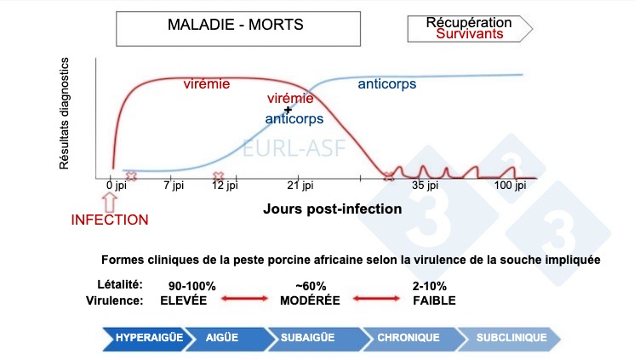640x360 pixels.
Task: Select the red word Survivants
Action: [469, 34]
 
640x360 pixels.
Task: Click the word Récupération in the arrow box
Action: [469, 21]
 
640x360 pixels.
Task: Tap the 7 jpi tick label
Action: [173, 185]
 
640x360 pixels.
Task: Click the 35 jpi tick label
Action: [424, 185]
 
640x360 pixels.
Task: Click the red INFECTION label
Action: [109, 220]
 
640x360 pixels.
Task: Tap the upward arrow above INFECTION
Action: [109, 201]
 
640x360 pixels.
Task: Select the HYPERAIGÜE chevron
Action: [151, 338]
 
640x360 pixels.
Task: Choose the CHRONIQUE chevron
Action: [409, 338]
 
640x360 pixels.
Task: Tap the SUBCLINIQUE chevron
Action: [511, 338]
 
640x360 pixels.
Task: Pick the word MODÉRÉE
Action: [310, 300]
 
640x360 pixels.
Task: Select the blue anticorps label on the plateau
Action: [388, 84]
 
